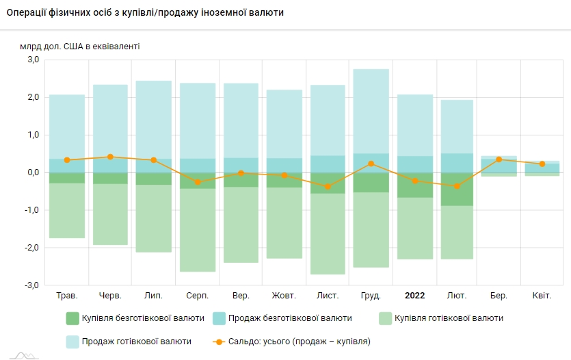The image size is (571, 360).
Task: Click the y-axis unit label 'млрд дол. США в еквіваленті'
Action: point(80,47)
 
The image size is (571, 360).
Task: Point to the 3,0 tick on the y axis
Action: point(34,60)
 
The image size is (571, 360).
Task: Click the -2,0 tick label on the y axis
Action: point(32,248)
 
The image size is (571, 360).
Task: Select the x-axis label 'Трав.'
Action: point(67,296)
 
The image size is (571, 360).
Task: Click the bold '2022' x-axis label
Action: point(415,296)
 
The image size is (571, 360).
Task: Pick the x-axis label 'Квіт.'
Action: point(542,296)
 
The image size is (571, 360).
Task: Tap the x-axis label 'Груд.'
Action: point(371,296)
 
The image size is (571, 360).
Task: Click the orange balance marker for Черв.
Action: point(111,157)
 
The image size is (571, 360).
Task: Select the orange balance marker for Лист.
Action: point(328,187)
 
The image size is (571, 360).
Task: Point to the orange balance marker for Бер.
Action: point(499,159)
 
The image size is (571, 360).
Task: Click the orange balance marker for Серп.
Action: point(198,182)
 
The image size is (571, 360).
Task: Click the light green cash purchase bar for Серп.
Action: point(198,230)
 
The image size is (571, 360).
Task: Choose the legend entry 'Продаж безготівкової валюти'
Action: point(282,318)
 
